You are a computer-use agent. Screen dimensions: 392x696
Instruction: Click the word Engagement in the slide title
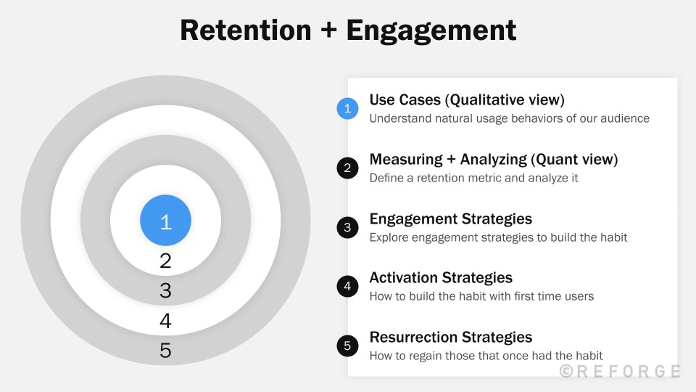431,30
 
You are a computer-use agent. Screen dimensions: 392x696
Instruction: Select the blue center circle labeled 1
165,221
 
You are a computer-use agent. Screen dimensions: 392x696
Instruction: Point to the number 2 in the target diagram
165,261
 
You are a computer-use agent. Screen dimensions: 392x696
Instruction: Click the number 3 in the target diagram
165,291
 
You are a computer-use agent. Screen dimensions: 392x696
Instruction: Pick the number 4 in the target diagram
165,321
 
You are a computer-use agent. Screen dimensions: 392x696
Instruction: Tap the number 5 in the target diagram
165,351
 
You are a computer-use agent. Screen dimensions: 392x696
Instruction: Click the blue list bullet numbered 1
347,109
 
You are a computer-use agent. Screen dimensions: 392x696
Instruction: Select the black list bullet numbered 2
347,168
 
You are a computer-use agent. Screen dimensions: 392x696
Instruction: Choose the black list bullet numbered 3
347,227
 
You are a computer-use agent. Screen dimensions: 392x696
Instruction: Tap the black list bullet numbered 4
347,286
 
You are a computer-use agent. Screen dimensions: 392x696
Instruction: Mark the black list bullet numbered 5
347,346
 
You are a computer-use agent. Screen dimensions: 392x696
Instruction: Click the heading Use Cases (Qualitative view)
466,100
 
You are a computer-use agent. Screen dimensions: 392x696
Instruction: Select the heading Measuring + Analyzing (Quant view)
493,159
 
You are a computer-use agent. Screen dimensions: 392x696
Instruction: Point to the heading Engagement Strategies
450,219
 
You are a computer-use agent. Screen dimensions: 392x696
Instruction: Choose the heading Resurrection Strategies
450,337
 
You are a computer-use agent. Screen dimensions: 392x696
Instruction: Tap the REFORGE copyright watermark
620,371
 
